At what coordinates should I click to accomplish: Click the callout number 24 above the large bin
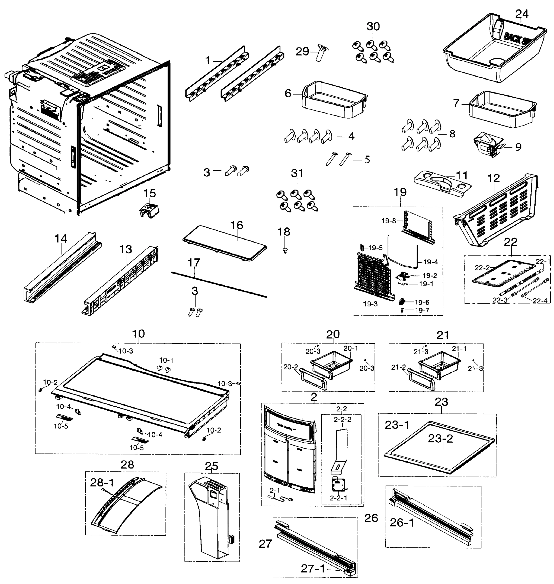(522, 14)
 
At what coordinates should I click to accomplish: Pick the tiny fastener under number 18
(285, 251)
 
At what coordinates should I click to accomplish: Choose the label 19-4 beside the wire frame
(430, 262)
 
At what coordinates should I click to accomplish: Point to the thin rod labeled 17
(219, 284)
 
